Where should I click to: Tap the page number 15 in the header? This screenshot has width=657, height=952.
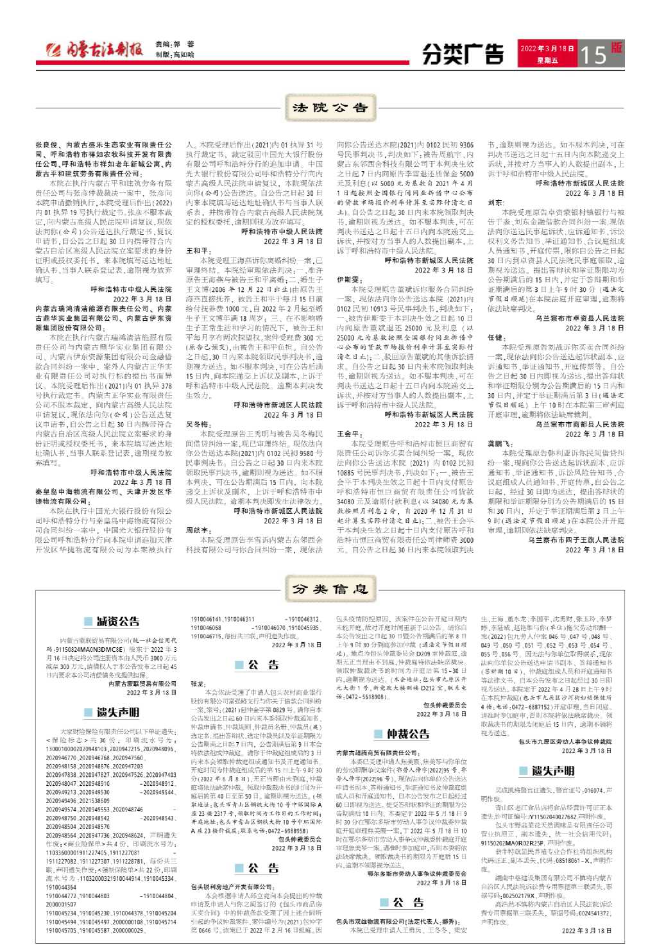click(x=593, y=55)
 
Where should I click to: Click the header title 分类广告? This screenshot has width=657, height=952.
click(x=463, y=55)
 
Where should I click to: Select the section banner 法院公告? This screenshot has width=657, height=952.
click(x=329, y=108)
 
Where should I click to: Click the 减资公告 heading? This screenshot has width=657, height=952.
click(x=118, y=621)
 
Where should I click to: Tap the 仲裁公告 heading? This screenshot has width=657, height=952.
click(x=409, y=733)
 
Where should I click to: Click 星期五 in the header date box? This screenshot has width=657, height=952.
click(x=547, y=61)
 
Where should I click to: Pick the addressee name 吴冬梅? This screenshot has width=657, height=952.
click(x=198, y=425)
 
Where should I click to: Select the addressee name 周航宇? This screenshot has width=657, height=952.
click(x=198, y=531)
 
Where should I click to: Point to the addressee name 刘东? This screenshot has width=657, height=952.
click(x=495, y=202)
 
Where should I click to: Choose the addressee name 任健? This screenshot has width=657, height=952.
click(x=495, y=337)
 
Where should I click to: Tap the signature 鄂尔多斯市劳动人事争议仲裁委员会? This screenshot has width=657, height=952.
click(x=416, y=873)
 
